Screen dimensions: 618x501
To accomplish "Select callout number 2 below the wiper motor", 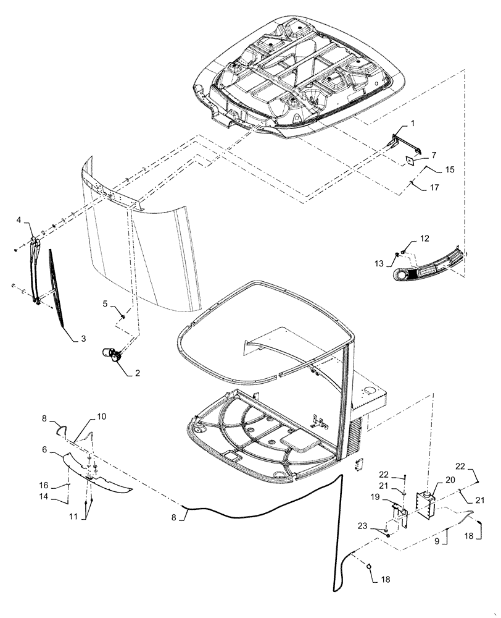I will (137, 373).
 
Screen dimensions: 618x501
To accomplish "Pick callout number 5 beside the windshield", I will (106, 303).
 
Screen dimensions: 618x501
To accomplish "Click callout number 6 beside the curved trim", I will (45, 451).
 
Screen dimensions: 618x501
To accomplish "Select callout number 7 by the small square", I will (434, 154).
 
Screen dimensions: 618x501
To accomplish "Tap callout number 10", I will (101, 417).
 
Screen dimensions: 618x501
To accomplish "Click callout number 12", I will (424, 238).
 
